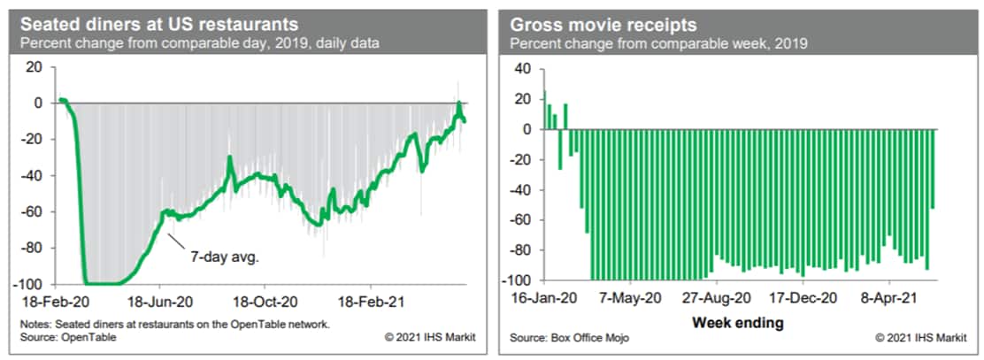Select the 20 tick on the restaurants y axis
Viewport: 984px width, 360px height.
click(x=35, y=67)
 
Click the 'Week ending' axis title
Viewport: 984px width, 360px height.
click(x=737, y=322)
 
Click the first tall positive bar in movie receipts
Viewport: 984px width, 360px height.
click(x=544, y=111)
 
